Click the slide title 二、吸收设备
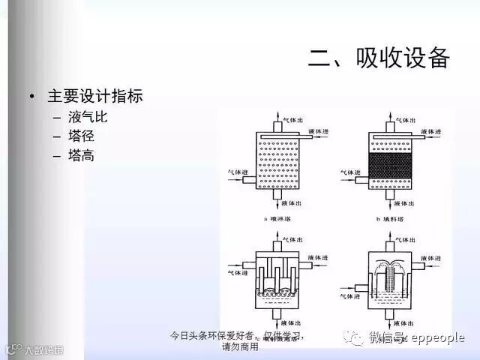[379, 58]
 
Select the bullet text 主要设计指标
[95, 97]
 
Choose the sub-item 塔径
[82, 136]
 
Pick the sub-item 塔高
[82, 156]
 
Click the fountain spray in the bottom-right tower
[391, 267]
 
